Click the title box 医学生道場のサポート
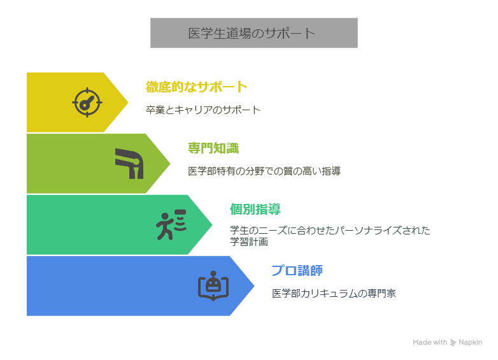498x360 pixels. coord(253,33)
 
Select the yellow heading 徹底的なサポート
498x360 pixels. coord(196,87)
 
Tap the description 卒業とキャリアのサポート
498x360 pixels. coord(203,110)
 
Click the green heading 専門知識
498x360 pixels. coord(213,148)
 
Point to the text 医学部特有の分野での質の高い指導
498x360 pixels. coord(264,171)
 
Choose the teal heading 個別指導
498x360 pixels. coord(255,209)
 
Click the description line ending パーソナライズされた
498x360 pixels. coord(330,230)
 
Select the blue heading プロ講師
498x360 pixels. coord(297,270)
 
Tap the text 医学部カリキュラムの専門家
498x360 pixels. coord(334,293)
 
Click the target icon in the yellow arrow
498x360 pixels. coord(87,102)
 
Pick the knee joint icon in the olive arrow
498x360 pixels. coord(129,163)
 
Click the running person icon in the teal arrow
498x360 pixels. coord(171,224)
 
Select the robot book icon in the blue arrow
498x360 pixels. coord(213,285)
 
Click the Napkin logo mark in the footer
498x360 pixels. coord(453,342)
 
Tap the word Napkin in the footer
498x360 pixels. coord(471,342)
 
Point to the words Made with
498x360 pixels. coord(430,342)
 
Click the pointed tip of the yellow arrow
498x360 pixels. coord(129,102)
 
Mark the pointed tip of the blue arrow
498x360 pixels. coord(255,286)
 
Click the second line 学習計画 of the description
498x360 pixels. coord(249,241)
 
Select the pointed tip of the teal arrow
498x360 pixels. coord(213,224)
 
